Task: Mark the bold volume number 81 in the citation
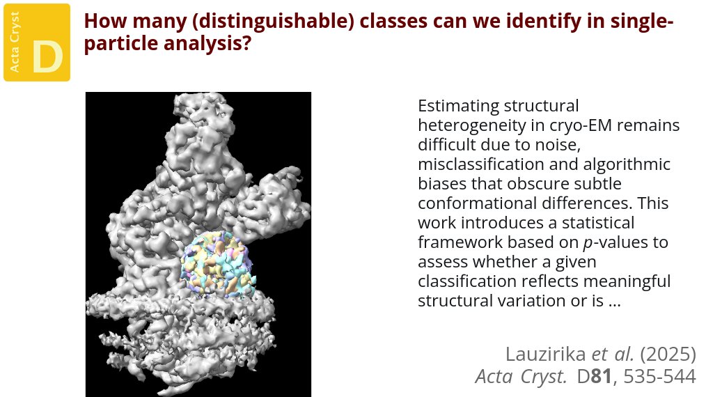(x=604, y=377)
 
